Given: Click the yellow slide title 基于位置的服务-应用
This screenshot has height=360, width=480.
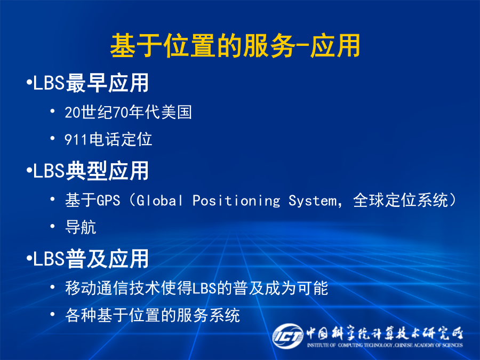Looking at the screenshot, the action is point(235,46).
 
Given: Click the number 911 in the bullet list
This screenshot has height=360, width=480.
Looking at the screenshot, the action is point(76,140).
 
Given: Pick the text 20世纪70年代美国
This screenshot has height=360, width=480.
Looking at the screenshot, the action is point(128,112).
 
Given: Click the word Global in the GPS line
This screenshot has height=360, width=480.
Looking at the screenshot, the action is point(159,201).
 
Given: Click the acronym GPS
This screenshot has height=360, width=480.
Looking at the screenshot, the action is point(108,201).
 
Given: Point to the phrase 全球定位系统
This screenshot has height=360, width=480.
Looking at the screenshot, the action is point(401,200).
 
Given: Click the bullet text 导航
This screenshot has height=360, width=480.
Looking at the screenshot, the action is point(81,227).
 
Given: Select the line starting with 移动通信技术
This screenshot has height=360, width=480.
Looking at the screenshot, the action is point(196,288).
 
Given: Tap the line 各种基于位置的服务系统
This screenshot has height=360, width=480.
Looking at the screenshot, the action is point(153,315).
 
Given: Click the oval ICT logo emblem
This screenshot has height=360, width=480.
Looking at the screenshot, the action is point(287,336).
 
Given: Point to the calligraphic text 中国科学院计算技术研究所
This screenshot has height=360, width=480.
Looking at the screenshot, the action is point(385,333).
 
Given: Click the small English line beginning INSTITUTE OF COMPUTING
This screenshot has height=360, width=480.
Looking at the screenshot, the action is point(385,345).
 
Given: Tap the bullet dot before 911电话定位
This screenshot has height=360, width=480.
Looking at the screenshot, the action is point(53,138).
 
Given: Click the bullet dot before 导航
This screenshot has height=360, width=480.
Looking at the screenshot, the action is point(53,226).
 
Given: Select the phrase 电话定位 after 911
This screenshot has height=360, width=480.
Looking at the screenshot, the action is point(121,139).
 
